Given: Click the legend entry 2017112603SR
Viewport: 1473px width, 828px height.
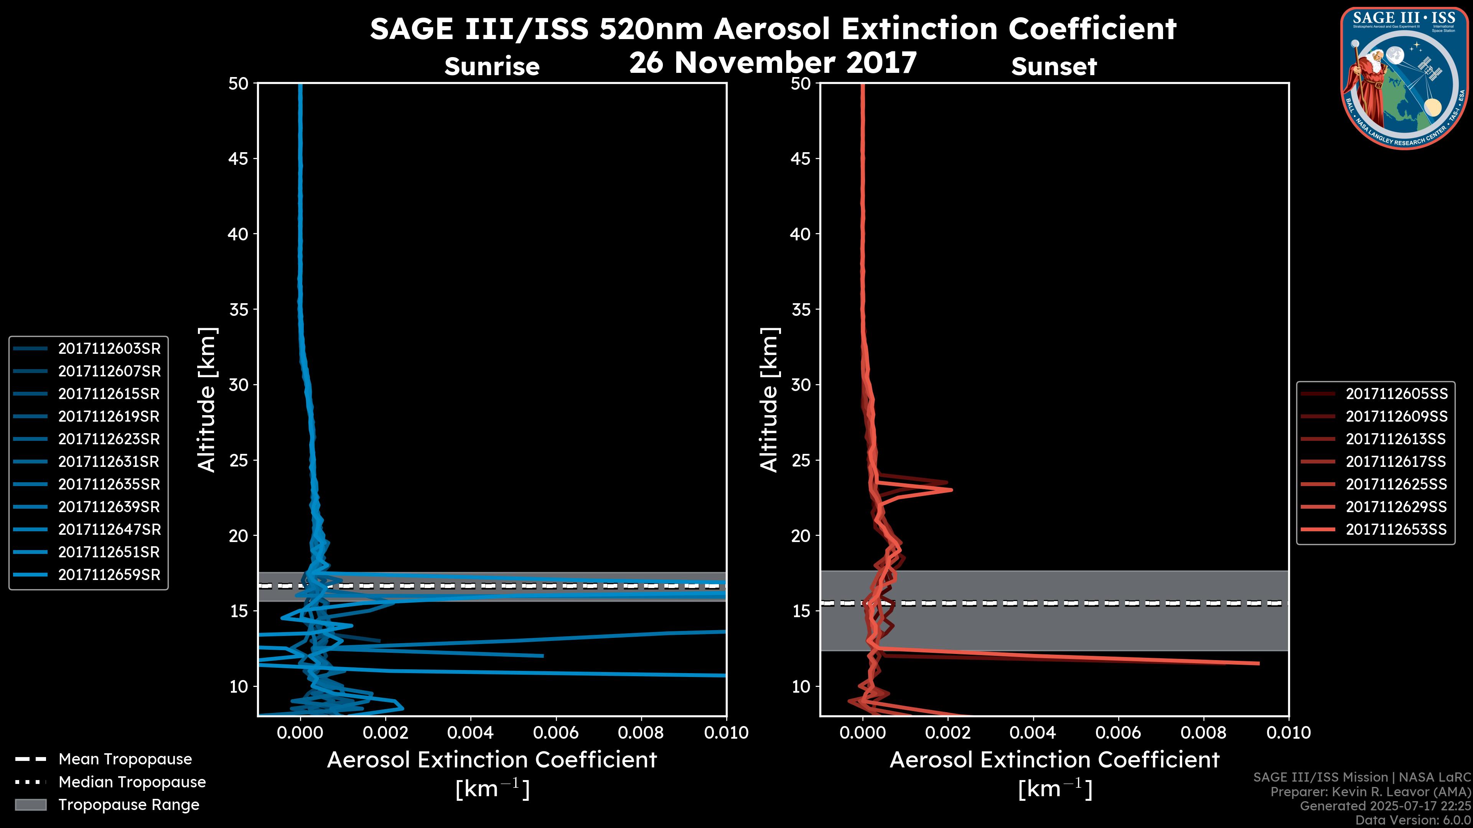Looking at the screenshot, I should click(x=109, y=348).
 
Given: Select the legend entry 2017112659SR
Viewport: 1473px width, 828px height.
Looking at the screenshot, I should click(x=109, y=575).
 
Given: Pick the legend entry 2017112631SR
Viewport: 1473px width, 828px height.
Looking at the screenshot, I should click(x=109, y=462).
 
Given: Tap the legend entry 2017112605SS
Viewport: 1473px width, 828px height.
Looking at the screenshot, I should click(x=1396, y=394).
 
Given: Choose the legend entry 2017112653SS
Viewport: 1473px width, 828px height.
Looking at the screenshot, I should click(x=1396, y=530).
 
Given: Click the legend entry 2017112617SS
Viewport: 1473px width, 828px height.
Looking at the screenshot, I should click(x=1396, y=462).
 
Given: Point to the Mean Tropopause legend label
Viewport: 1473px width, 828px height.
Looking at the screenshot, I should click(x=125, y=759).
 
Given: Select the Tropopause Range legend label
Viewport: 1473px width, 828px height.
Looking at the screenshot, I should click(x=129, y=805).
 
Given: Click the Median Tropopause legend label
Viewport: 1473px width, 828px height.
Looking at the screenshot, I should click(x=132, y=782).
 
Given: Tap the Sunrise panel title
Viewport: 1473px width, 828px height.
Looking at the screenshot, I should click(x=492, y=67).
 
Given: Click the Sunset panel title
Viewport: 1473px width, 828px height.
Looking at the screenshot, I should click(x=1054, y=67).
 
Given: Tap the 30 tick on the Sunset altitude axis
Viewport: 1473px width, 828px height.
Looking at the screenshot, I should click(x=801, y=385).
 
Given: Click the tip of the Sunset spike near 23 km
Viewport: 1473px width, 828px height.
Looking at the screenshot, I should click(x=951, y=490).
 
